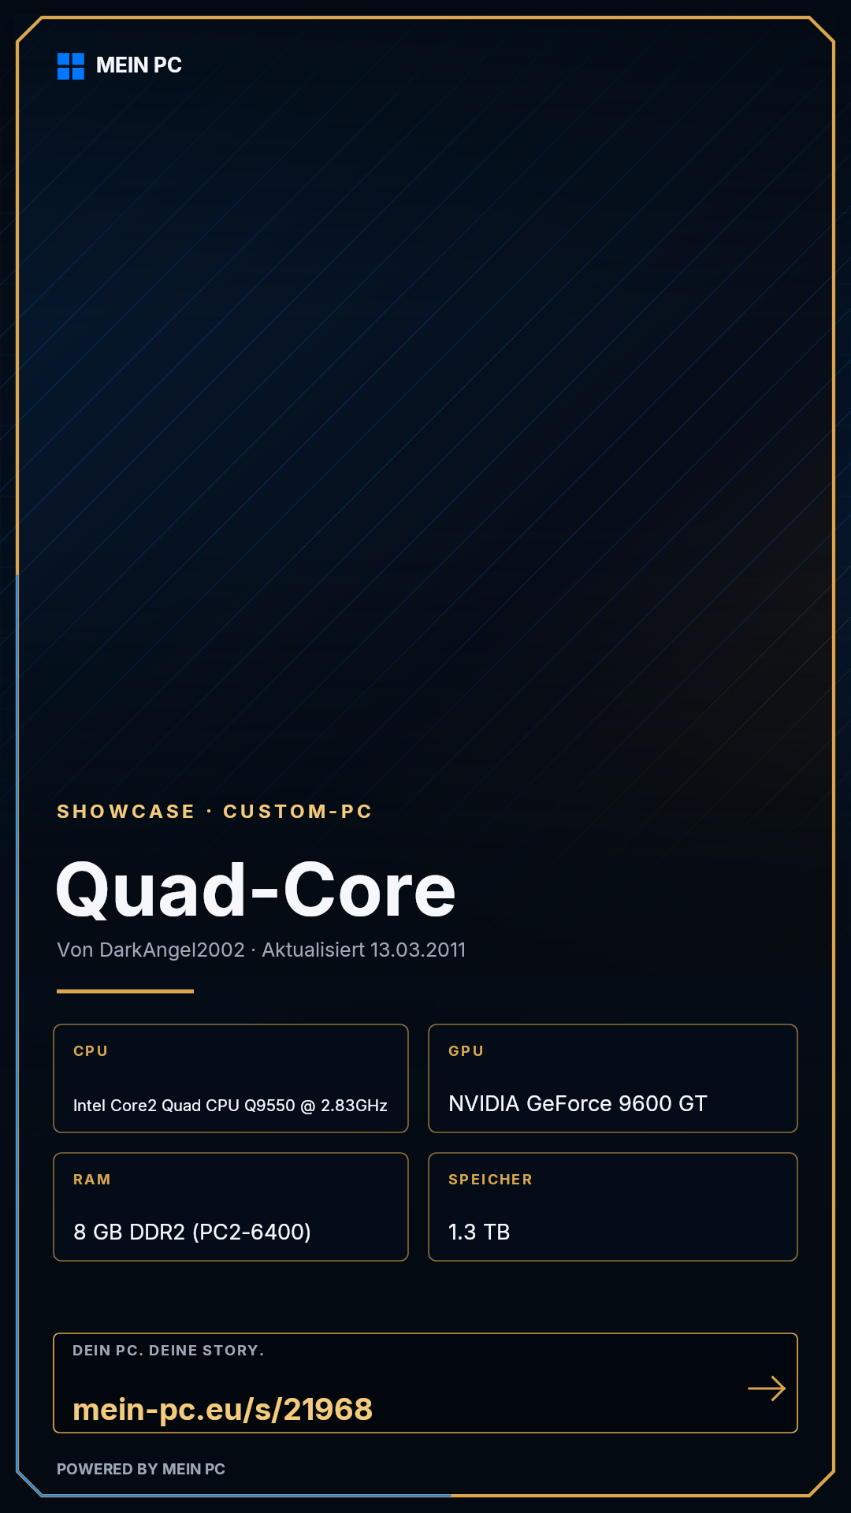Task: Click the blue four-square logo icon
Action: [71, 66]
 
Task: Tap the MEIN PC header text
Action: [139, 65]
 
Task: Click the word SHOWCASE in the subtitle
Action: [126, 812]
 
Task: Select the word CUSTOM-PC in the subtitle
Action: [298, 812]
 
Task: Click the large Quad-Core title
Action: [256, 890]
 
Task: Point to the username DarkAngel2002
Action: [173, 950]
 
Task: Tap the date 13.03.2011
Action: [418, 950]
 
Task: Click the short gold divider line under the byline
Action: [125, 991]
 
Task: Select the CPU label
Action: [91, 1051]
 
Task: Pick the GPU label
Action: [466, 1051]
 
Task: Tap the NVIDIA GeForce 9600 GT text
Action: [578, 1103]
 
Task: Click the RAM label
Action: [92, 1180]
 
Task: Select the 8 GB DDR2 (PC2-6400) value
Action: [192, 1232]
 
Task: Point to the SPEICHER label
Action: [490, 1180]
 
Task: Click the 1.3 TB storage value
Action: [479, 1232]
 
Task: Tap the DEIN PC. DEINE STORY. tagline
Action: [169, 1351]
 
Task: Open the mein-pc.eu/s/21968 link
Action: [222, 1409]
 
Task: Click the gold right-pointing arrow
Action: [767, 1388]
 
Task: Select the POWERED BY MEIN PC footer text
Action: [141, 1469]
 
